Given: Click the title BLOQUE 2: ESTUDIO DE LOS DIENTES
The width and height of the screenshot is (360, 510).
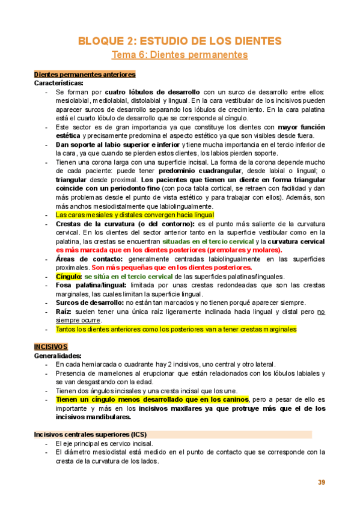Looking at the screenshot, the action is (180, 41).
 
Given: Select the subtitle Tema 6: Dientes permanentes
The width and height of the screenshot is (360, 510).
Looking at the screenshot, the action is (180, 55).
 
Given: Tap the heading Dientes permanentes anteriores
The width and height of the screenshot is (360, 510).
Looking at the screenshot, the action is (84, 75).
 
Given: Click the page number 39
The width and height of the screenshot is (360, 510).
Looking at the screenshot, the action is (321, 483).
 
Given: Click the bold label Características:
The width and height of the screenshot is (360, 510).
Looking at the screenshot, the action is (59, 83).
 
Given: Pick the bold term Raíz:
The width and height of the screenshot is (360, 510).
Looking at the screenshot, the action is (65, 312).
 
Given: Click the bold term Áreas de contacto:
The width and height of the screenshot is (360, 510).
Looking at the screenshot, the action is (87, 259).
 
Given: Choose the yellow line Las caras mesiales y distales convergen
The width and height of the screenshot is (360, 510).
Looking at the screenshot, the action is (134, 215).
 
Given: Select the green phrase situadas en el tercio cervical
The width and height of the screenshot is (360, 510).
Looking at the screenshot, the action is (206, 241).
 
